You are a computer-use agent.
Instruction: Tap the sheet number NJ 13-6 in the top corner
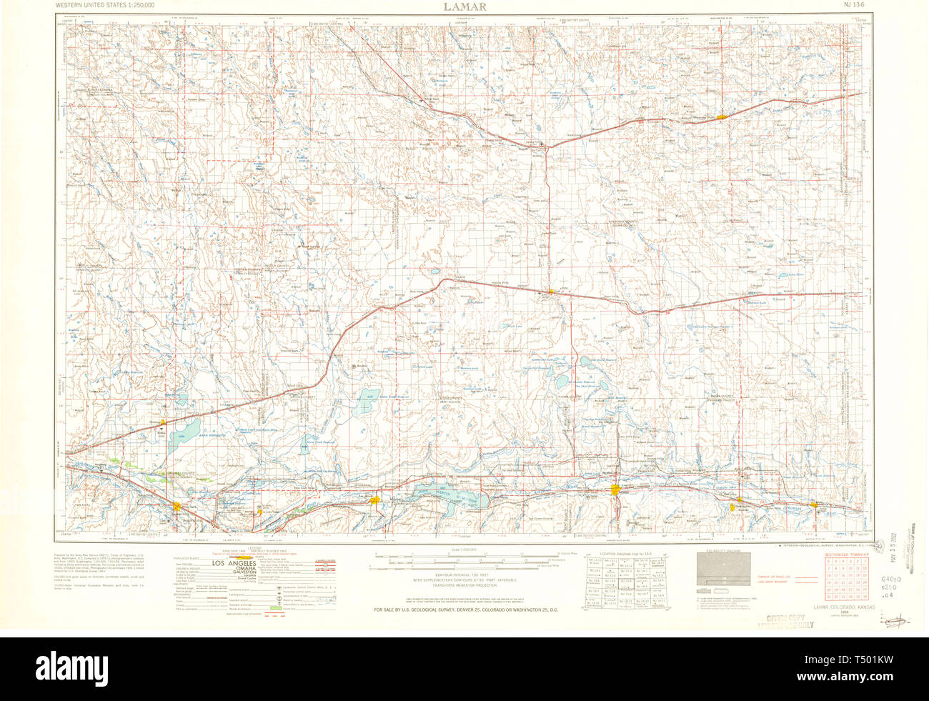[x=853, y=6]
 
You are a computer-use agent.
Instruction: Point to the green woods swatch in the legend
[x=274, y=608]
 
